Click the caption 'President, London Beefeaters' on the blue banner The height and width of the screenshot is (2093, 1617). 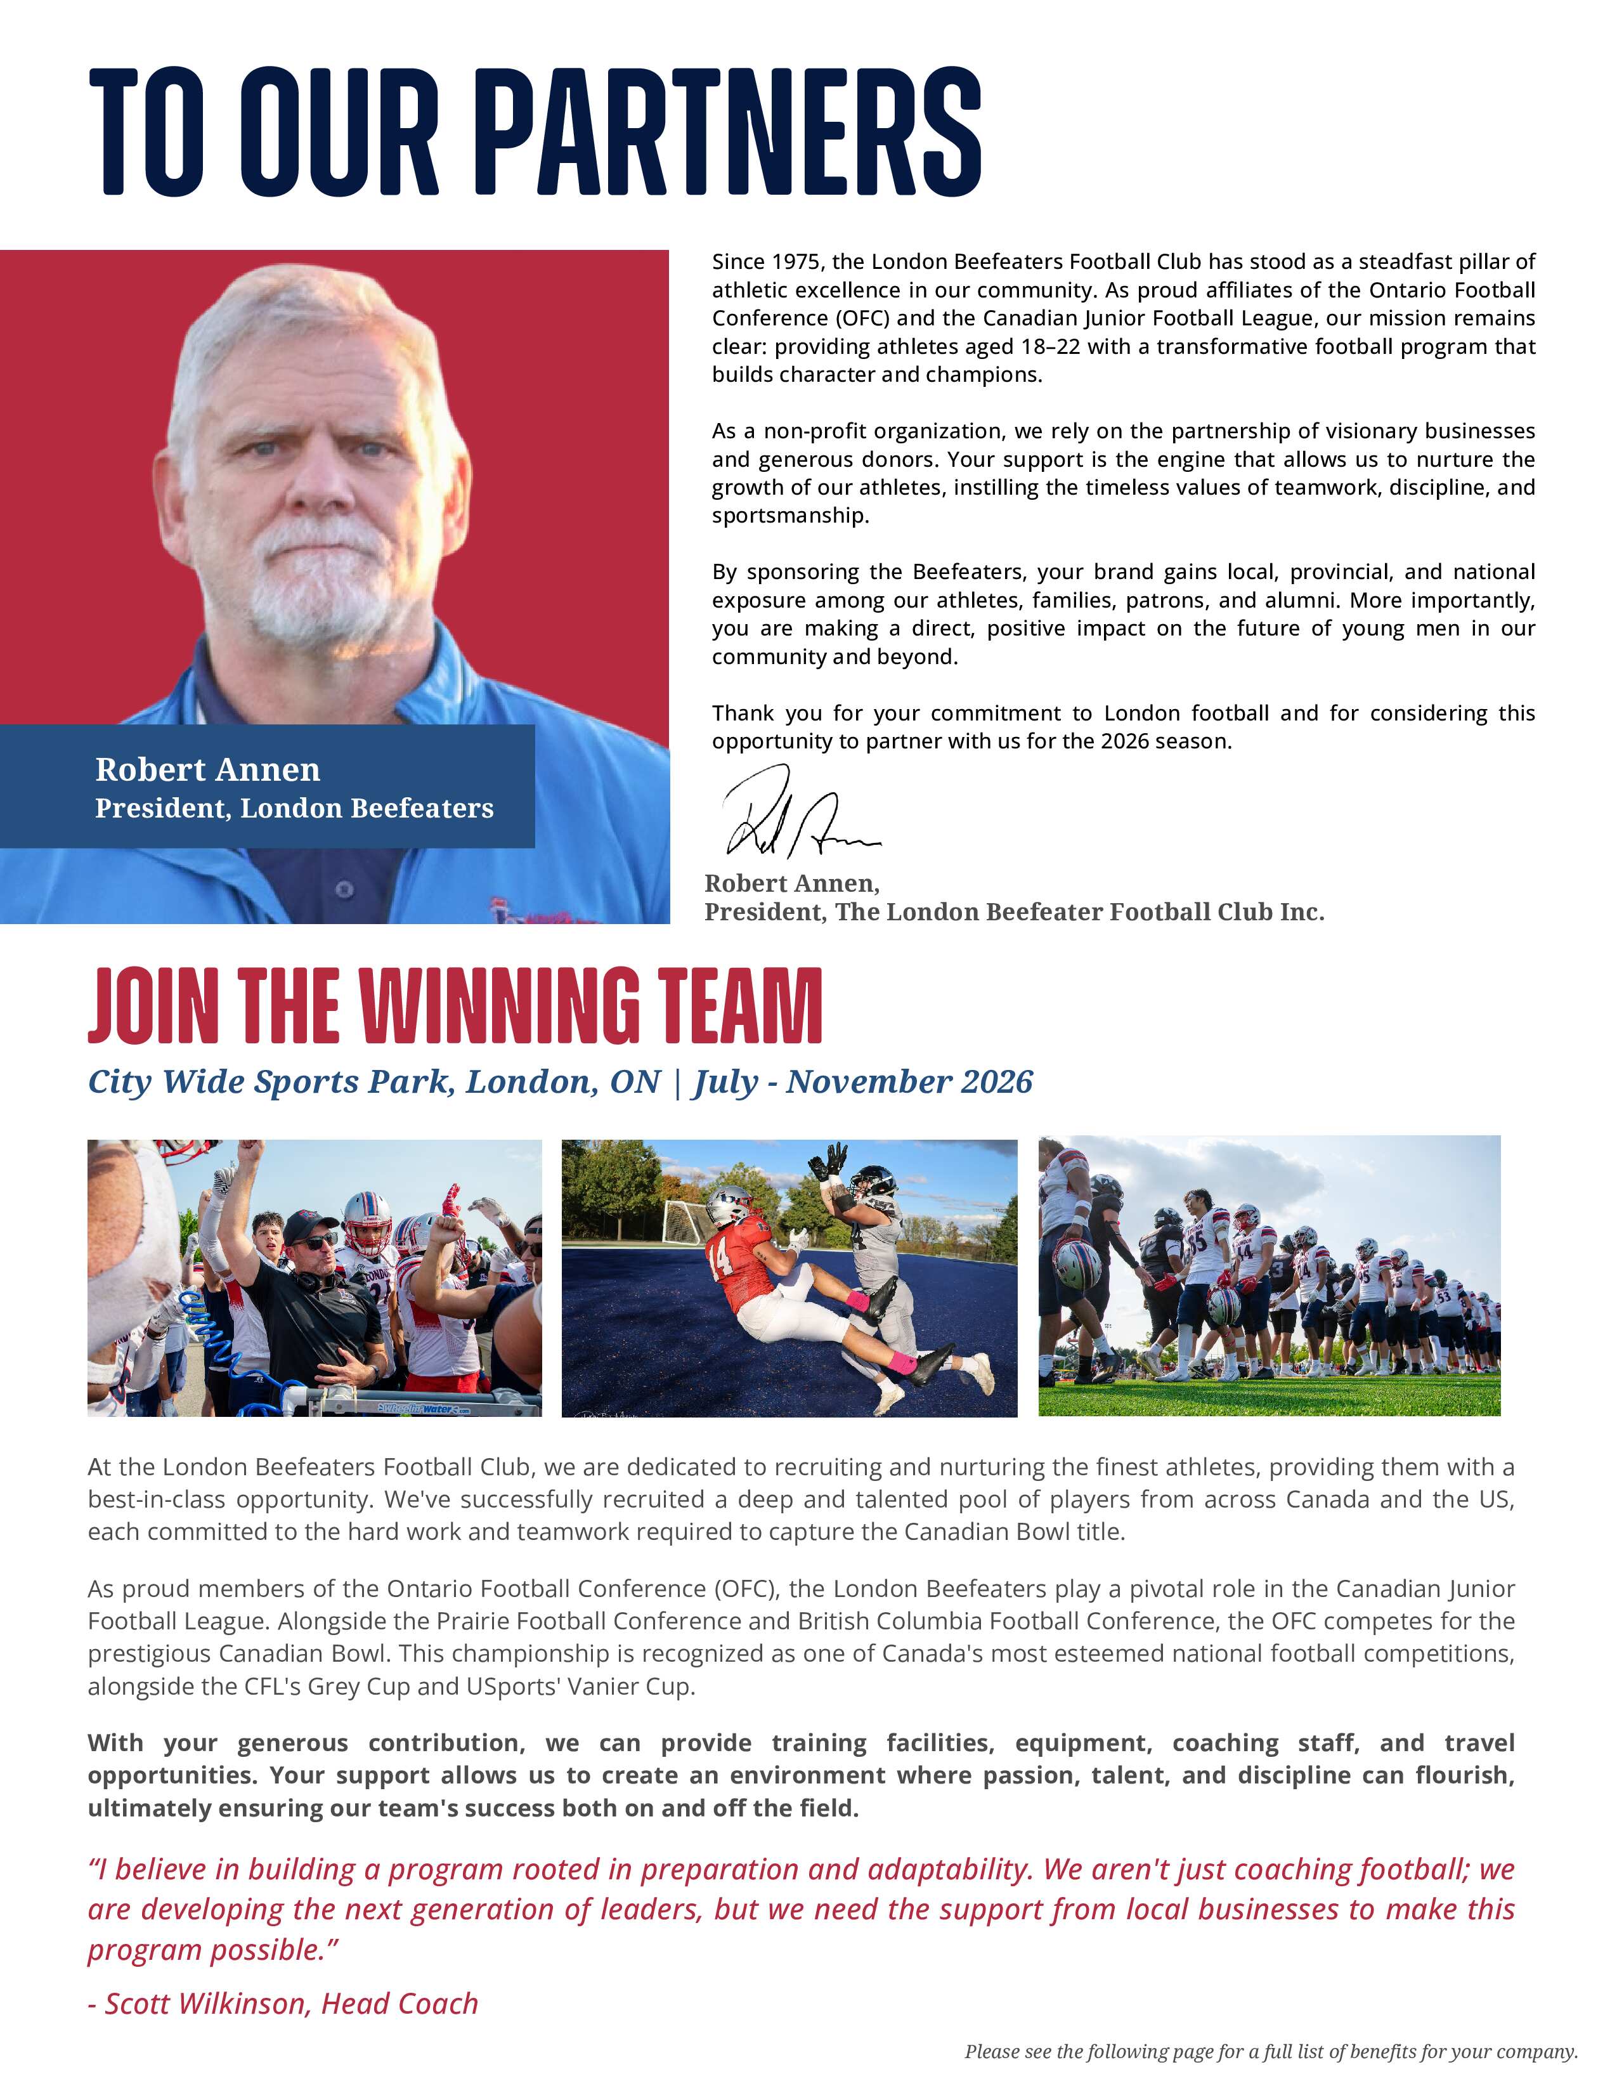click(x=294, y=808)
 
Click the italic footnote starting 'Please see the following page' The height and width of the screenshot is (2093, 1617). click(x=1270, y=2052)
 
